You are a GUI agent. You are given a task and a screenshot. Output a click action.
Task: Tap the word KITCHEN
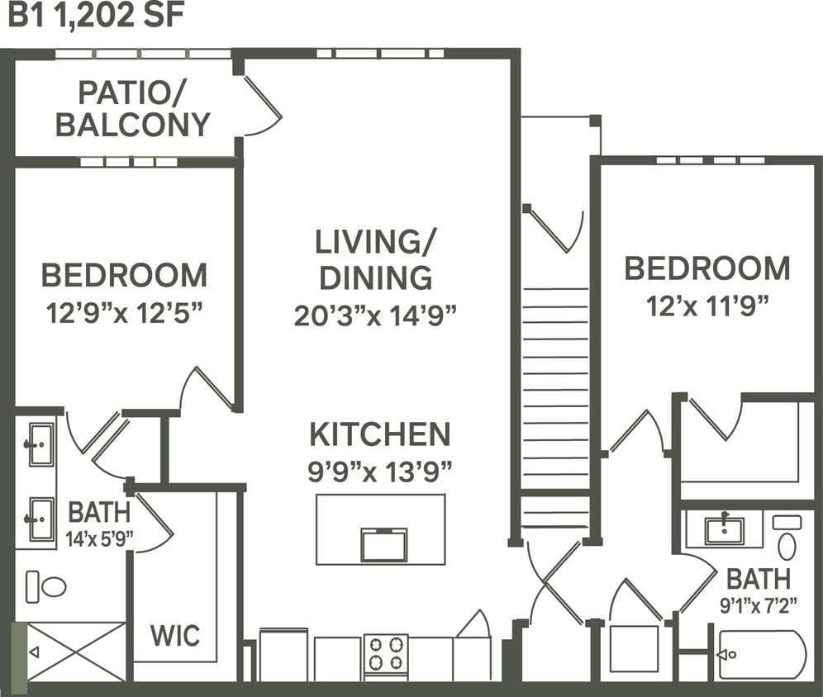pos(380,434)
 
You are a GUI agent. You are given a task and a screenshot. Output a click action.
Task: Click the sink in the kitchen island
pos(384,544)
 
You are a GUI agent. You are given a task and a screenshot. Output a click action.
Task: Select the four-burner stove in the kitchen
pos(386,653)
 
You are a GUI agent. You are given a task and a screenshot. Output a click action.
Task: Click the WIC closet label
pos(175,636)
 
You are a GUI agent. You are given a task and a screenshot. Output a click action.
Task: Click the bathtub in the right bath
pos(761,655)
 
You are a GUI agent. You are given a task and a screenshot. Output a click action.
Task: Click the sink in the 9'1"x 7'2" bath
pos(725,530)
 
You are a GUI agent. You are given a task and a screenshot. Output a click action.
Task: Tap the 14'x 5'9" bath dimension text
pos(99,539)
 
